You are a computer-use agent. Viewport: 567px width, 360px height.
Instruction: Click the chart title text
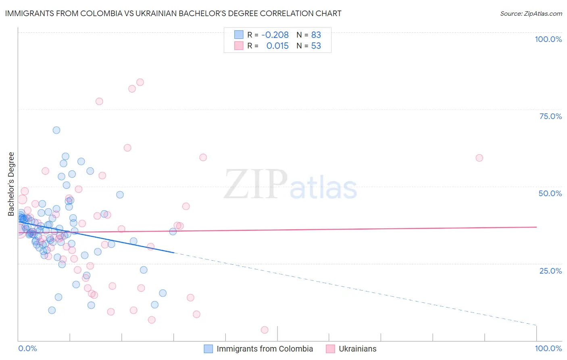(x=173, y=14)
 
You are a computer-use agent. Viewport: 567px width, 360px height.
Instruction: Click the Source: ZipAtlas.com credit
(x=531, y=14)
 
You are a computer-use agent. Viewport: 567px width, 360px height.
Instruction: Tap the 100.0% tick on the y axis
(x=548, y=39)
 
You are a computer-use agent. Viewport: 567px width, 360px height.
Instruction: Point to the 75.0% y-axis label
(x=550, y=116)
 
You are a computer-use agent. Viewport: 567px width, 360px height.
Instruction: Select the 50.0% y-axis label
(x=550, y=193)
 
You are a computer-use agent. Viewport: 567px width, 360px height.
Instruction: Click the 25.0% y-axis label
(x=550, y=271)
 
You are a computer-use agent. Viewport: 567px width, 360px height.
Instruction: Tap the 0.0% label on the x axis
(x=27, y=348)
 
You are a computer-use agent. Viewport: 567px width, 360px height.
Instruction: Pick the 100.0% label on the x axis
(x=548, y=348)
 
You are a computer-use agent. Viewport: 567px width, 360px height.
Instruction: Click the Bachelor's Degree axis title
(x=11, y=184)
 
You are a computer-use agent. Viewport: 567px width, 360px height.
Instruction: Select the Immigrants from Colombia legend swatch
(x=208, y=349)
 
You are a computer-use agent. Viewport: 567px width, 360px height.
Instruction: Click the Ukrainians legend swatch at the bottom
(x=330, y=349)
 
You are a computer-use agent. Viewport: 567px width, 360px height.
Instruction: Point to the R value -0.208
(x=275, y=35)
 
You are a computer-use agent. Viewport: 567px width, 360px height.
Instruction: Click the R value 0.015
(x=277, y=46)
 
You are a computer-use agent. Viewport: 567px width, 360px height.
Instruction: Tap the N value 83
(x=316, y=35)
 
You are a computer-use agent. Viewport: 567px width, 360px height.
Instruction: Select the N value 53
(x=316, y=46)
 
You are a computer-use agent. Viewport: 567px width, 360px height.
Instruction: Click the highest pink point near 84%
(x=140, y=82)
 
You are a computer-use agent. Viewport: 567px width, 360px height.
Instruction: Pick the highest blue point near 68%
(x=56, y=130)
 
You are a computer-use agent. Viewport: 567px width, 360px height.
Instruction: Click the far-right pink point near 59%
(x=479, y=158)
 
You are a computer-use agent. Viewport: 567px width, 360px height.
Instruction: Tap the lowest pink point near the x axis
(x=265, y=330)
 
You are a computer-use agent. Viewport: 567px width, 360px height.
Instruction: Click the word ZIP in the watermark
(x=255, y=184)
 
